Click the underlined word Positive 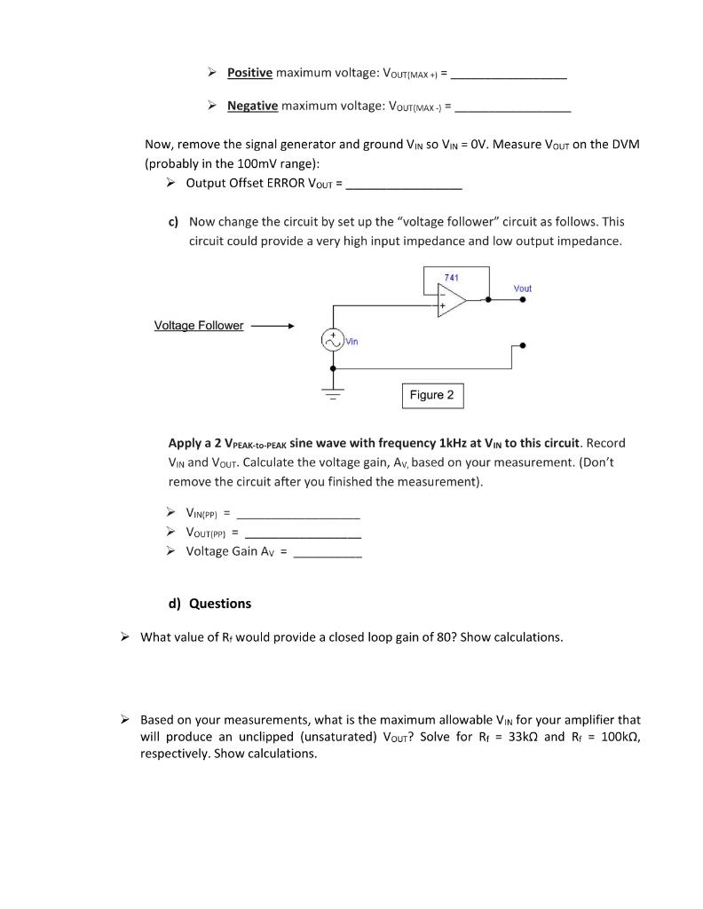(x=249, y=72)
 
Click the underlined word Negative (x=252, y=106)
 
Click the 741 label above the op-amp (x=451, y=278)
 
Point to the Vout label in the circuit (x=522, y=289)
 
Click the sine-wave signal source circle (x=333, y=340)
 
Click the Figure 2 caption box (x=432, y=395)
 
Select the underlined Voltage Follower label (x=199, y=326)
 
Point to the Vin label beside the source (x=352, y=341)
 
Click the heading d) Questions (x=209, y=604)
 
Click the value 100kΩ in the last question (x=616, y=737)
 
